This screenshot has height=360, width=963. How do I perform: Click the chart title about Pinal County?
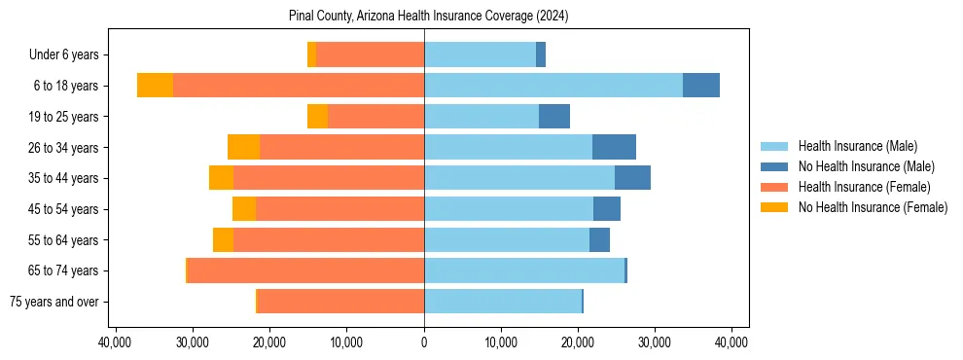429,17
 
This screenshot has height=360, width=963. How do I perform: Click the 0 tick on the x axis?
424,342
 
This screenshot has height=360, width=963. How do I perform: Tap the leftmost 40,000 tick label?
116,342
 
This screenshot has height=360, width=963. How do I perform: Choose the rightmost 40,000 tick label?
731,342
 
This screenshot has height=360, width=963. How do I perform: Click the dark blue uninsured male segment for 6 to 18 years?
701,86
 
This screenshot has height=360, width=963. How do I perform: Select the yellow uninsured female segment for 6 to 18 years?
155,86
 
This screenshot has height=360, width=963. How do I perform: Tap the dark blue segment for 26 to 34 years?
614,148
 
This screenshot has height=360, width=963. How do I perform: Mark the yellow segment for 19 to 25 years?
317,117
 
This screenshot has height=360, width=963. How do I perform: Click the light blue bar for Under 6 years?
480,55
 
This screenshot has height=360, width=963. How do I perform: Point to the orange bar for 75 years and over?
340,302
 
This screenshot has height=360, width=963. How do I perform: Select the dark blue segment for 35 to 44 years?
632,178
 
